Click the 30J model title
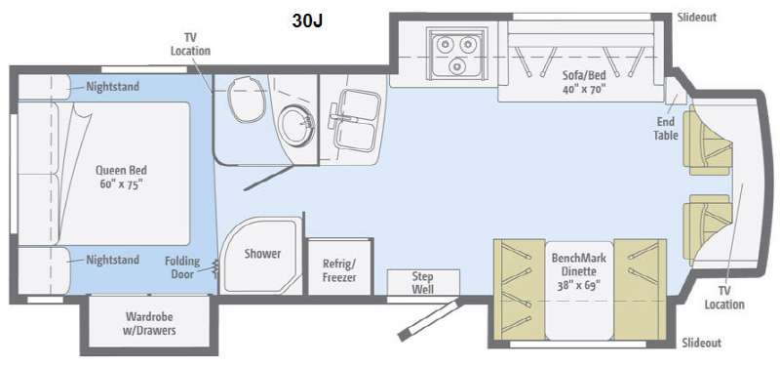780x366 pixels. click(308, 20)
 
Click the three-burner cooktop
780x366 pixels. click(457, 54)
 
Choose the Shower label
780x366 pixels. click(262, 254)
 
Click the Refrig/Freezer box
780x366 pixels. click(339, 266)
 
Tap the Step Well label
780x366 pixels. click(423, 283)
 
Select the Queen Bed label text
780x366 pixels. click(121, 177)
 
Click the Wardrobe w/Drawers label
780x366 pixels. click(150, 323)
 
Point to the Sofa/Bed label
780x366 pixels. click(584, 82)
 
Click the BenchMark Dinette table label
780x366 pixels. click(578, 271)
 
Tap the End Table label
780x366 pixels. click(666, 128)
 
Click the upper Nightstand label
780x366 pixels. click(113, 87)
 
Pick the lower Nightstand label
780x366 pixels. click(113, 260)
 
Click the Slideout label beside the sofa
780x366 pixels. click(697, 17)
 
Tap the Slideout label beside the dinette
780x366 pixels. click(701, 343)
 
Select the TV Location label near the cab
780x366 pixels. click(724, 298)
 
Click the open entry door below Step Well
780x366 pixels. click(429, 319)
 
